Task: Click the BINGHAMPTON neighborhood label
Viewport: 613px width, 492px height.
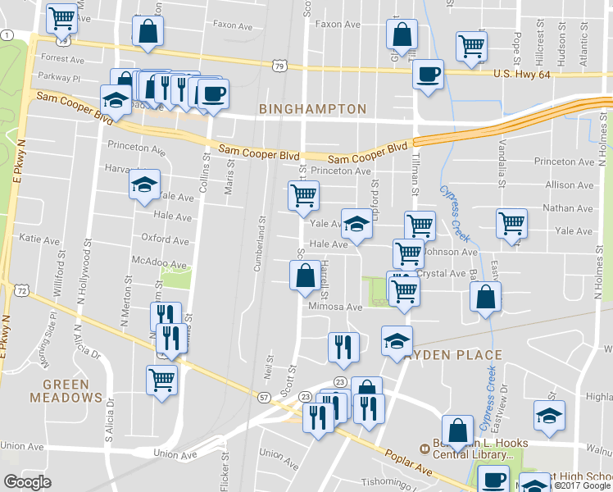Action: pyautogui.click(x=312, y=108)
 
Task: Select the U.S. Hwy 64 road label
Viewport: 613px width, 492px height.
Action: pyautogui.click(x=524, y=75)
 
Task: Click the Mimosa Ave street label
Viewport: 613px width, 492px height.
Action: pyautogui.click(x=334, y=307)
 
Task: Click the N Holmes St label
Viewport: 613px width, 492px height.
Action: pyautogui.click(x=599, y=270)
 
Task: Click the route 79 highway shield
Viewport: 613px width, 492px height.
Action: pyautogui.click(x=281, y=66)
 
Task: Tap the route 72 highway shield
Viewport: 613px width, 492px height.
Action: pyautogui.click(x=22, y=291)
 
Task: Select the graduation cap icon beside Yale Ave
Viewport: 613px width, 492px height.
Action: pyautogui.click(x=356, y=223)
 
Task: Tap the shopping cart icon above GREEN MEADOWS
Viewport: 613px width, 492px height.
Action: pyautogui.click(x=161, y=379)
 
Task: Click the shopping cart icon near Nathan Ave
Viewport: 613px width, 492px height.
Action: pyautogui.click(x=511, y=222)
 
